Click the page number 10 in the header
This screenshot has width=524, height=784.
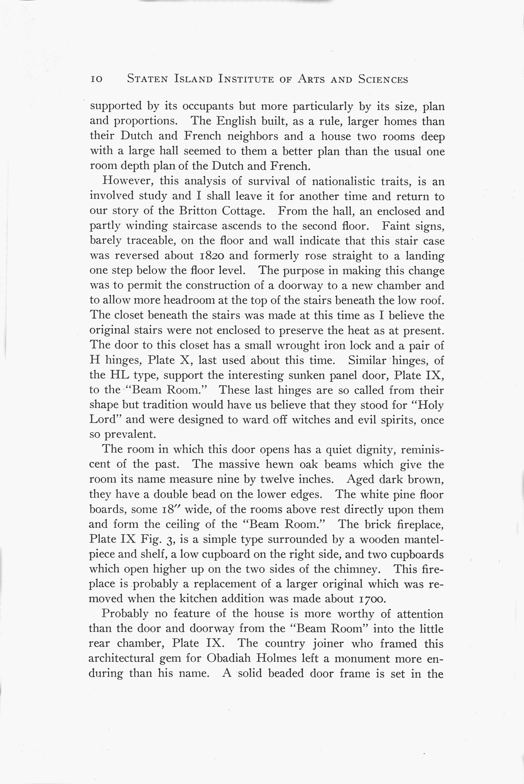pyautogui.click(x=96, y=79)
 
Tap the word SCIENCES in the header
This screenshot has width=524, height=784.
pyautogui.click(x=383, y=79)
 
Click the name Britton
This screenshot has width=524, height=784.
pyautogui.click(x=198, y=211)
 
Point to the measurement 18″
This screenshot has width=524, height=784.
pyautogui.click(x=171, y=509)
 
